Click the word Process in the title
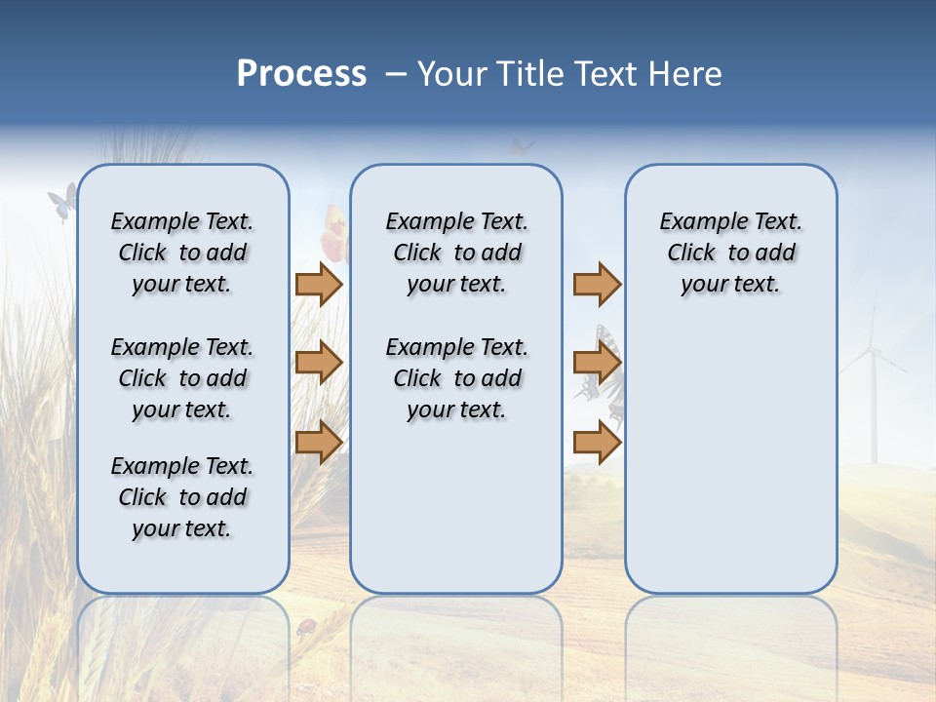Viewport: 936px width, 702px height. click(301, 73)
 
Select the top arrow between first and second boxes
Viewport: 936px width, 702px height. click(319, 284)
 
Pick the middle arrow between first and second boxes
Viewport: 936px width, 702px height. click(319, 363)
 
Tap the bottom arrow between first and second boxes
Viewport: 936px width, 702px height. click(319, 443)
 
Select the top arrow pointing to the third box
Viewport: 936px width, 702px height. click(597, 284)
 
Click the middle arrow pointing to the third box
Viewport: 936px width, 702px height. click(597, 363)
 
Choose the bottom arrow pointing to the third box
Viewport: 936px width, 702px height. click(597, 443)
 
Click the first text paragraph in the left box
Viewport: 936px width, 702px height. click(182, 253)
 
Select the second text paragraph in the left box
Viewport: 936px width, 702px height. click(182, 378)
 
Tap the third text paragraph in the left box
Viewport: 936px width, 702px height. click(182, 497)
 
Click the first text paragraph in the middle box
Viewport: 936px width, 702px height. click(456, 253)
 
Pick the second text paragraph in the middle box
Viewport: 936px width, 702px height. click(456, 378)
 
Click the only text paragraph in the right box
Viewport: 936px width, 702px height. click(730, 253)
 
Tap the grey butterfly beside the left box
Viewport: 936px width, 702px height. click(62, 202)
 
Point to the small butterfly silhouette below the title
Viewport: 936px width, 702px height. click(522, 146)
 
